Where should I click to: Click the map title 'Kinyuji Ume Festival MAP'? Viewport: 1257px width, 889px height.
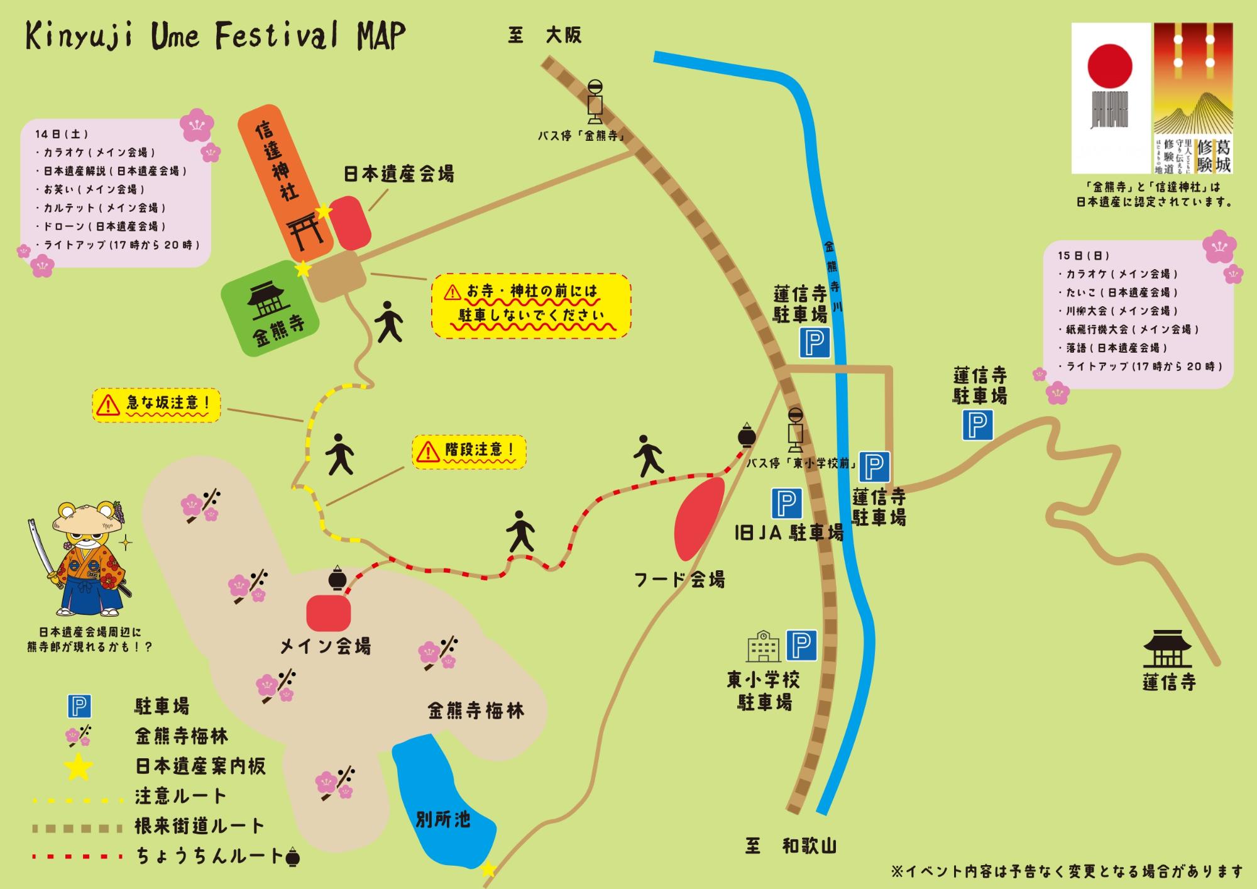pos(215,36)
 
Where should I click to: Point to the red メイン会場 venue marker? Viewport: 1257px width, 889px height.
pos(328,613)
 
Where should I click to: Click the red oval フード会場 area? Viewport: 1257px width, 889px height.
pos(698,518)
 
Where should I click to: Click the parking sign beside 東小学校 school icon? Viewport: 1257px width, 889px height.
pos(801,646)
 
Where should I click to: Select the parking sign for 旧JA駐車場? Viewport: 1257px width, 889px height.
pos(786,503)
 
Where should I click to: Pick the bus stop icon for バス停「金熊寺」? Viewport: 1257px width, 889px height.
pos(595,102)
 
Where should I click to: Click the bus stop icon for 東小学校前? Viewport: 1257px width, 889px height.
pos(796,430)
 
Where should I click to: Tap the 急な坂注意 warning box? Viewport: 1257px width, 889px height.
pos(156,404)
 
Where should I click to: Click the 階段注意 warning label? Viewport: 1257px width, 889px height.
pos(469,451)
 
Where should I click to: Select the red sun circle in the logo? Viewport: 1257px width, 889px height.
pos(1110,66)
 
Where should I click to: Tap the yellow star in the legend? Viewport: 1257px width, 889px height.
pos(79,766)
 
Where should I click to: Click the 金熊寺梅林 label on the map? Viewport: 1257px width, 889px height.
pos(476,711)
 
